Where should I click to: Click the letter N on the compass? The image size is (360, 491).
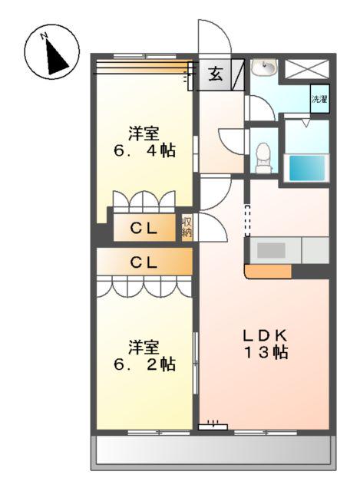tap(44, 36)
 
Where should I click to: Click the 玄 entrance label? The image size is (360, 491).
tap(215, 75)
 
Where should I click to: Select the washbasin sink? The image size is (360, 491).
tap(264, 68)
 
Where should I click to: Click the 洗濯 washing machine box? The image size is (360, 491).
tap(319, 99)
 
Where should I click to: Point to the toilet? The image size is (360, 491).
tap(263, 158)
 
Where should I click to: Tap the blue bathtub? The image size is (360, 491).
tap(307, 168)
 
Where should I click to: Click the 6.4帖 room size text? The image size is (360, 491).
tap(144, 151)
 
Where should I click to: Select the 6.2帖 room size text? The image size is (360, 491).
tap(144, 364)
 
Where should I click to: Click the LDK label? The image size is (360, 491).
tap(266, 336)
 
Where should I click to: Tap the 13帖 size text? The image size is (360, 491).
tap(266, 352)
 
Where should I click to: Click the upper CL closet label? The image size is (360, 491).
tap(144, 229)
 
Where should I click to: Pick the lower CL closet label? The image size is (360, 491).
tap(144, 262)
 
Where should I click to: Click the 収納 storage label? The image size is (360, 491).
tap(187, 227)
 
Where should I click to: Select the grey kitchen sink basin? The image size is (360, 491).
tap(271, 250)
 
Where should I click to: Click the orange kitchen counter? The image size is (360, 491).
tap(268, 272)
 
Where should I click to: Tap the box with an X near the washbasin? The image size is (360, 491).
tap(307, 69)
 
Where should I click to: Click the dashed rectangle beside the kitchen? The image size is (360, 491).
tap(247, 221)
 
